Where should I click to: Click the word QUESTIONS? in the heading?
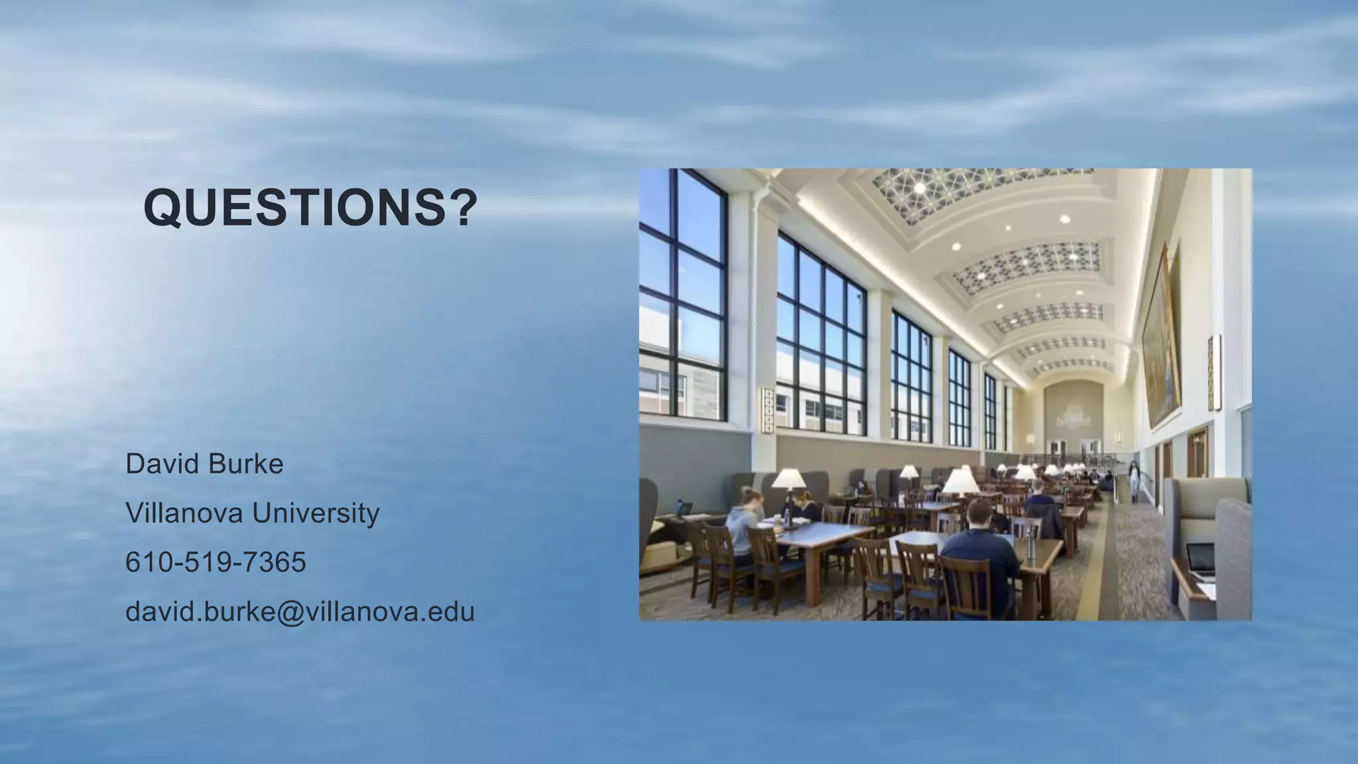(310, 207)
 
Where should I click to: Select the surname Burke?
(245, 464)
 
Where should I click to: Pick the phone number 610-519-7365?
(216, 562)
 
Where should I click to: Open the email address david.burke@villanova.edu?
(300, 611)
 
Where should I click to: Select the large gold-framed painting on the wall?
(1162, 338)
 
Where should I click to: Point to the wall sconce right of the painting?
(1213, 372)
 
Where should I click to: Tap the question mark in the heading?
(463, 207)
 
